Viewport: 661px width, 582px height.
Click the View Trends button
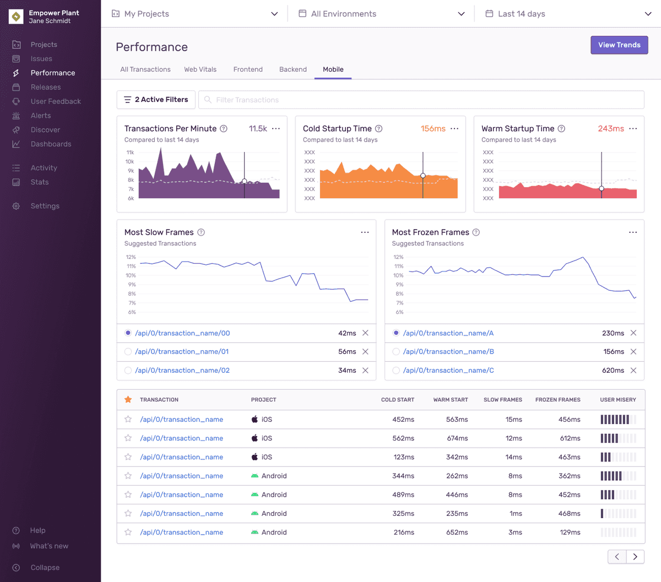(619, 45)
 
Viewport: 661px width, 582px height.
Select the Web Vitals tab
(200, 69)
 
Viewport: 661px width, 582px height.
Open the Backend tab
(292, 69)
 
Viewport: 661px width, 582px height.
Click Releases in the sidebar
(46, 87)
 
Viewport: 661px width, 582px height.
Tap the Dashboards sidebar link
(51, 144)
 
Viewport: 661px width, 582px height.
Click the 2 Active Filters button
(156, 100)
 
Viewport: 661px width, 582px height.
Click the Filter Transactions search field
(421, 100)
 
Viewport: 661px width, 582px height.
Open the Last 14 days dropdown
(568, 14)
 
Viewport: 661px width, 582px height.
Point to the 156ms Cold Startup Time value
(433, 128)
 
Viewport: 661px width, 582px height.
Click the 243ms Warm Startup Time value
(611, 128)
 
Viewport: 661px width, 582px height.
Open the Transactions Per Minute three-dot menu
(276, 128)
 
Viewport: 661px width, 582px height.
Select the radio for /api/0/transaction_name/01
(128, 352)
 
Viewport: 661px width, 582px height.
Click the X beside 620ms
(633, 371)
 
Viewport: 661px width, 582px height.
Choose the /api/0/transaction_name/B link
(448, 352)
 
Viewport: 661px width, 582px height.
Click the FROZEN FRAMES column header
(557, 400)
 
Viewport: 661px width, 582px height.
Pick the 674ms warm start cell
(457, 438)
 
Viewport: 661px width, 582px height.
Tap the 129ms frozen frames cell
(570, 532)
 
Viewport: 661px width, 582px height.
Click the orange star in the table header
(128, 400)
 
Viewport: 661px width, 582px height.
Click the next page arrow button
(635, 557)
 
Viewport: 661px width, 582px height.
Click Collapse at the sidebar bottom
(45, 568)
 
